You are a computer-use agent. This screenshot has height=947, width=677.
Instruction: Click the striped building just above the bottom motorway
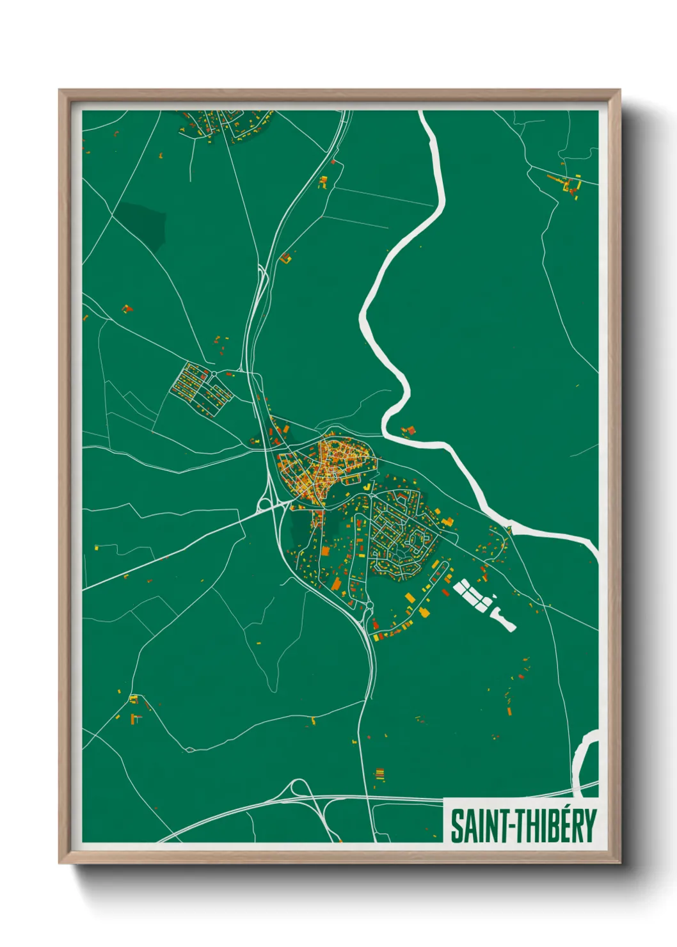point(379,776)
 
